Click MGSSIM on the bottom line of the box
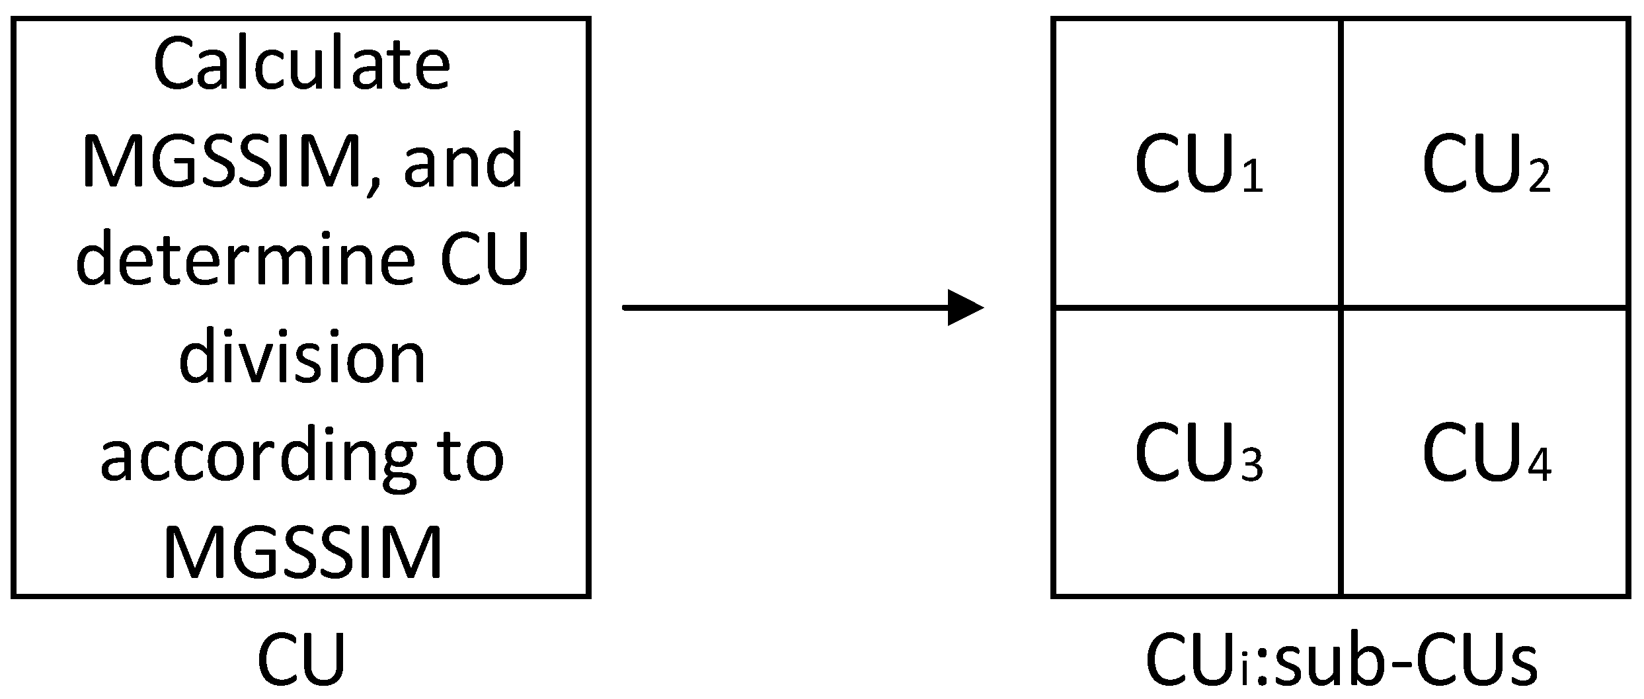[x=301, y=552]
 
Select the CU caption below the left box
[x=301, y=661]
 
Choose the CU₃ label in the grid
[x=1198, y=453]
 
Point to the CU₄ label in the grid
[x=1485, y=453]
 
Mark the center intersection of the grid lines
[x=1341, y=307]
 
